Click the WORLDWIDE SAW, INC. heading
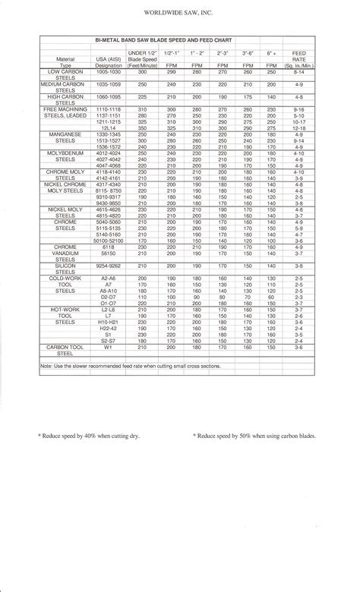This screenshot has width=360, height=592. point(179,13)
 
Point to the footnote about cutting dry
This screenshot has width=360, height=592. point(88,436)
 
